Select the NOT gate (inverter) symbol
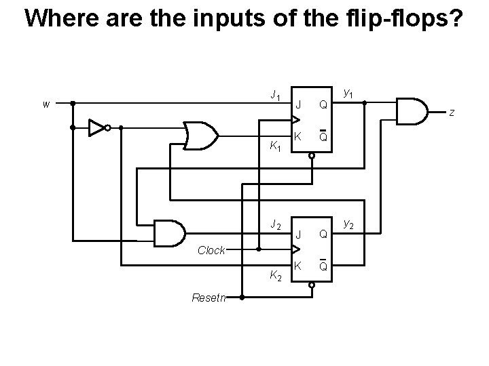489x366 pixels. click(x=99, y=127)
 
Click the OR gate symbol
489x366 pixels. click(x=201, y=136)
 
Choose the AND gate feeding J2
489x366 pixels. click(x=169, y=233)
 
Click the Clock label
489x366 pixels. click(x=211, y=250)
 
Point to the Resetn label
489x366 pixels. click(x=211, y=297)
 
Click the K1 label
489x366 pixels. click(x=274, y=146)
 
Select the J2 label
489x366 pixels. click(x=274, y=224)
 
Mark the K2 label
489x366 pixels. click(x=274, y=275)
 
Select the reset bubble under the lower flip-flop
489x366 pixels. click(x=312, y=285)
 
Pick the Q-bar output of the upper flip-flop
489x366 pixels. click(x=324, y=137)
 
